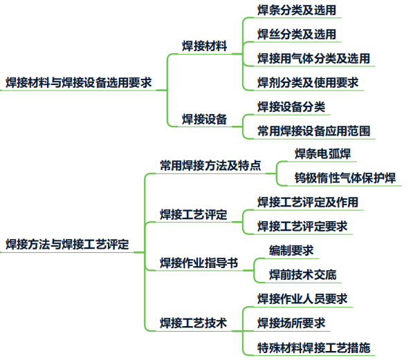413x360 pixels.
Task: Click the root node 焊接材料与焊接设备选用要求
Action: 79,83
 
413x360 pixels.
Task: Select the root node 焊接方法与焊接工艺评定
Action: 67,244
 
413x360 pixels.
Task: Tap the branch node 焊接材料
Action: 205,46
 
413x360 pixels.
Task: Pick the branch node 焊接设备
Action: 205,119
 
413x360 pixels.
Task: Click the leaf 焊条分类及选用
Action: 297,10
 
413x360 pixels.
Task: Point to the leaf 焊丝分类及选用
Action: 297,35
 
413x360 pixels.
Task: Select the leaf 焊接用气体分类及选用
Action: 313,59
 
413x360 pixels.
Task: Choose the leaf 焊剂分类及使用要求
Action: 308,83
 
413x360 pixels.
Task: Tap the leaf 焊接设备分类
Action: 291,107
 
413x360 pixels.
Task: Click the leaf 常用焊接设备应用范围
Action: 313,131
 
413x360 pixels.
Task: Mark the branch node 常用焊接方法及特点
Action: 210,166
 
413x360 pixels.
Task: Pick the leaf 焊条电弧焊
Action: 322,153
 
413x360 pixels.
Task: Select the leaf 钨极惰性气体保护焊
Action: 345,178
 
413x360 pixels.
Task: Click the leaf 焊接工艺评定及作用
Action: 308,202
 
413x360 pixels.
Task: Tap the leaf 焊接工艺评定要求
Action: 302,227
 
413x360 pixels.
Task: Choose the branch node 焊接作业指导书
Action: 199,263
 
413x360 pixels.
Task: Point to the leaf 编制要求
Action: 291,250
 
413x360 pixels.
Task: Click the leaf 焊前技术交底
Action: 302,275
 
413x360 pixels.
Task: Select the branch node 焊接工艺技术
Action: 194,323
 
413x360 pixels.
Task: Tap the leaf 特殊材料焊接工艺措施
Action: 313,348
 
